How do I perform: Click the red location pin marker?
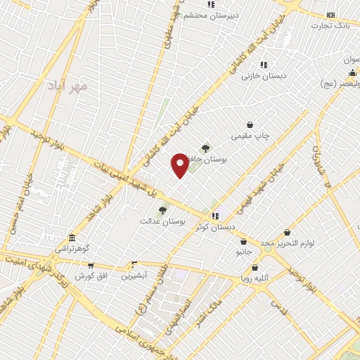[x=180, y=165]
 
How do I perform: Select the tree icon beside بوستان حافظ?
[x=205, y=148]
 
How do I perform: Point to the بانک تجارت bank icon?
[x=331, y=15]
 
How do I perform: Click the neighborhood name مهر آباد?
[x=67, y=86]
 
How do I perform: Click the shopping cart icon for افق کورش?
[x=91, y=265]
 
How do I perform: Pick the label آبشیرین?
[x=134, y=276]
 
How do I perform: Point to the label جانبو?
[x=243, y=250]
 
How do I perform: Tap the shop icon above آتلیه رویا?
[x=255, y=267]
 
